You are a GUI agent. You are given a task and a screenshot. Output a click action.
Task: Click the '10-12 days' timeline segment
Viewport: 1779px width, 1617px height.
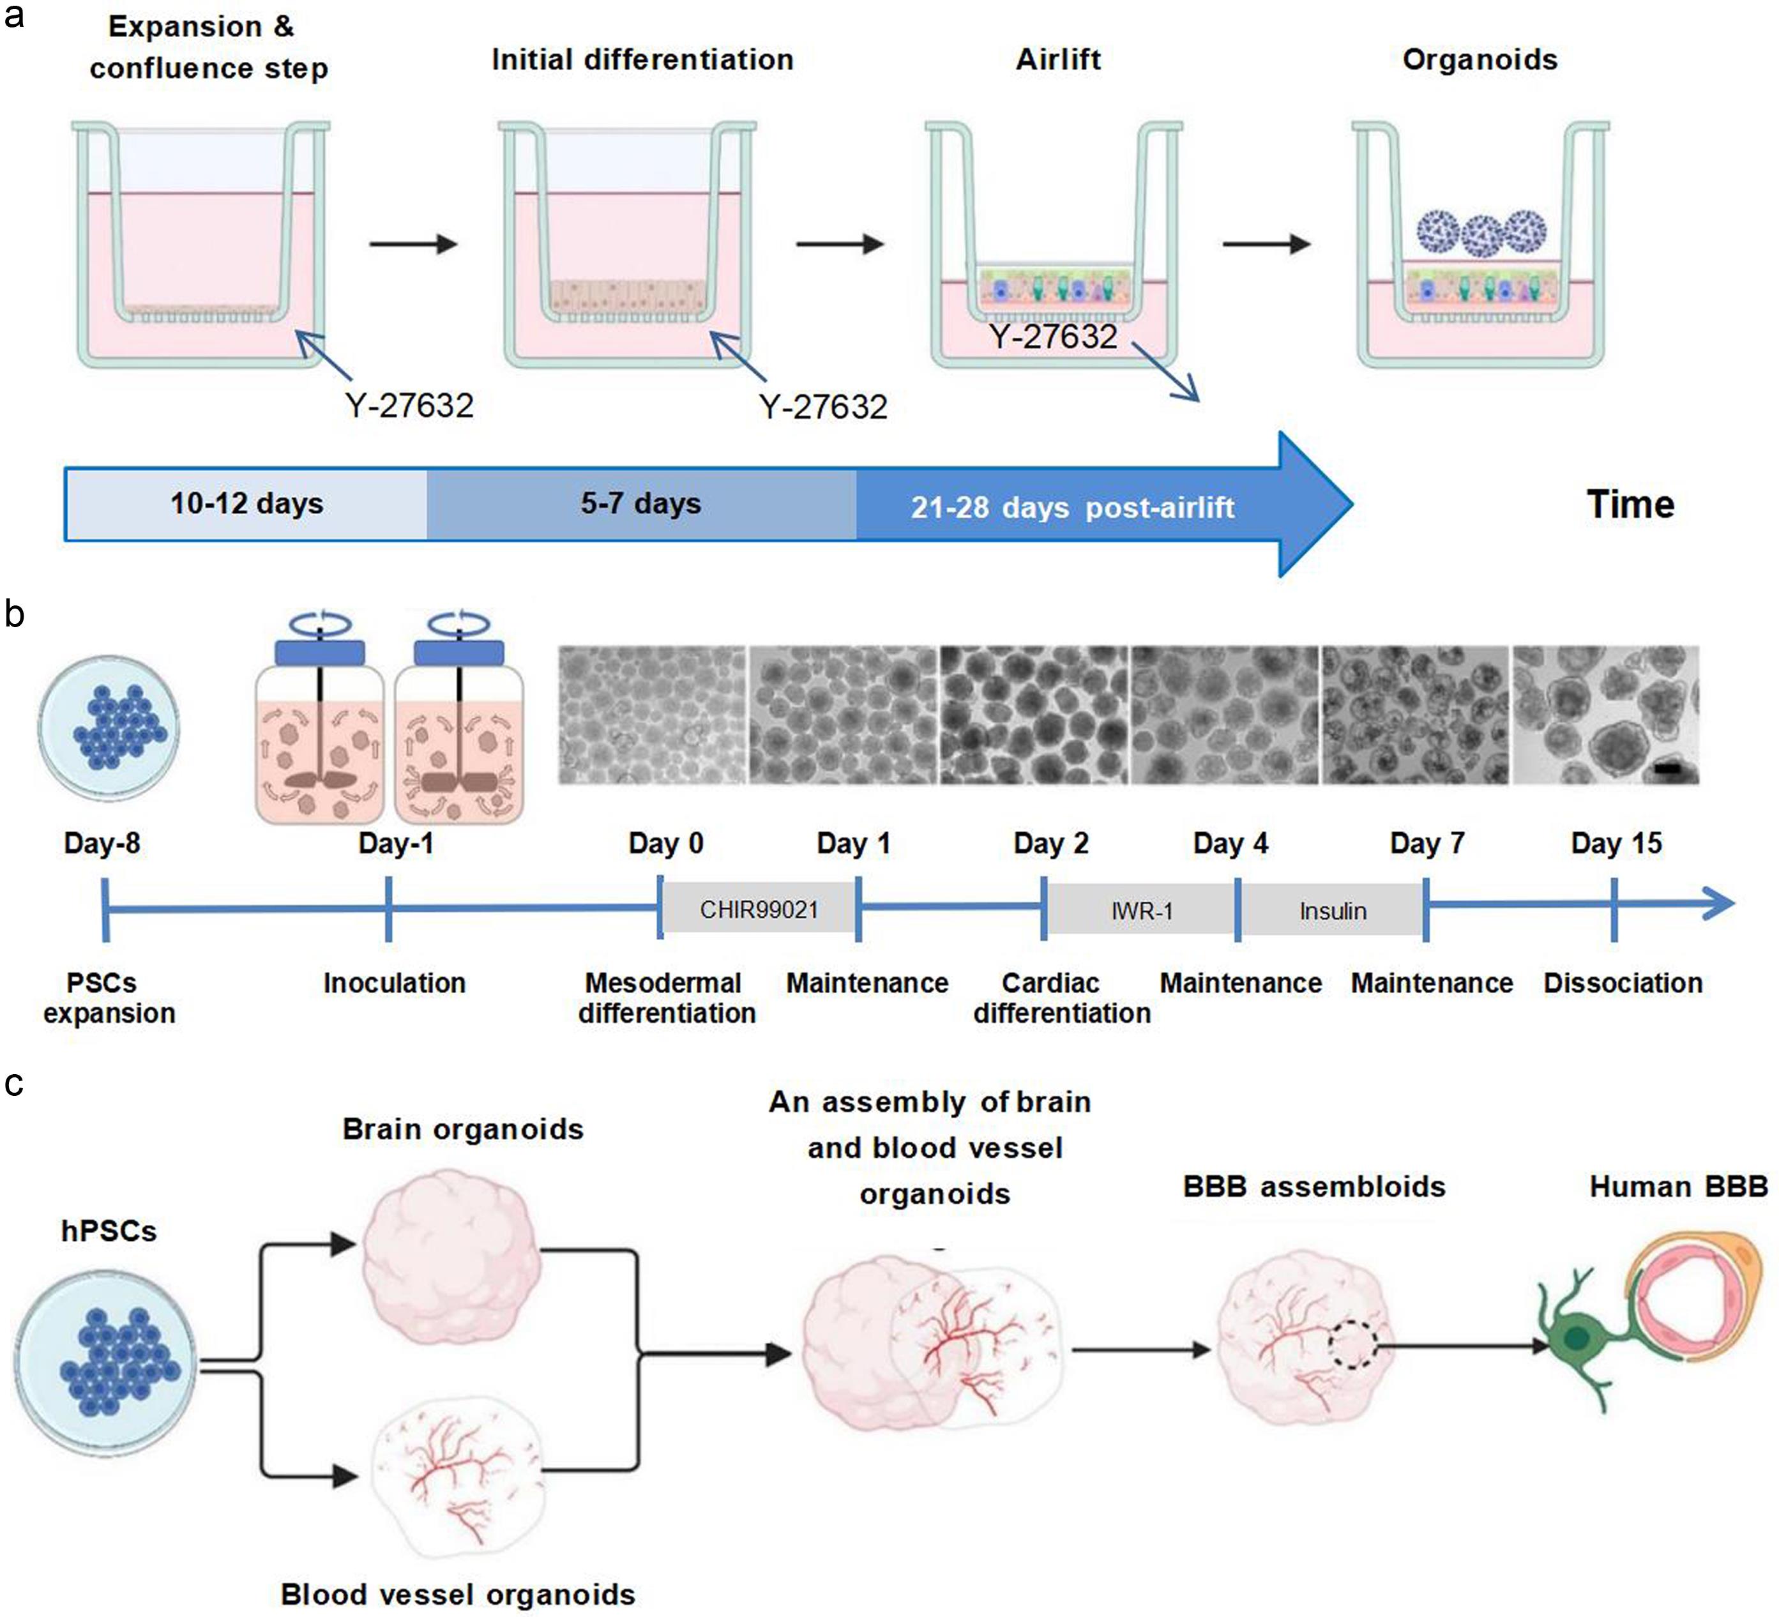tap(246, 504)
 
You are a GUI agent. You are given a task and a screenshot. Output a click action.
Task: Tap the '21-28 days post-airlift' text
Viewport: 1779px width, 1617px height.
tap(1072, 508)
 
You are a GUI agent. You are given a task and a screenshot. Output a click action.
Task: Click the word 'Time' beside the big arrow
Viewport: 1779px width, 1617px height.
tap(1630, 504)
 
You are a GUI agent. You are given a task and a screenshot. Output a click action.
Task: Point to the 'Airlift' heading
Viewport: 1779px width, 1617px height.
tap(1057, 59)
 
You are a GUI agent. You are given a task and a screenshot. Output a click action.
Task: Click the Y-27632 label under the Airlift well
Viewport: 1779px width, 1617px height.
tap(1053, 337)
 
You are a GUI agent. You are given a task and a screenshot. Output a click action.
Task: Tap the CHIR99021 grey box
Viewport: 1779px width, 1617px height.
tap(759, 909)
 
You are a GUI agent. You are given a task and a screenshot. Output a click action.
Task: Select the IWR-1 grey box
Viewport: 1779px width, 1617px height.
tap(1142, 911)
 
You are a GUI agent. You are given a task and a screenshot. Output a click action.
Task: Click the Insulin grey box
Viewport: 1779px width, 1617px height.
tap(1333, 911)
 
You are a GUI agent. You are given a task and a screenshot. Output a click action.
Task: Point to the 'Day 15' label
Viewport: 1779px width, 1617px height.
tap(1616, 843)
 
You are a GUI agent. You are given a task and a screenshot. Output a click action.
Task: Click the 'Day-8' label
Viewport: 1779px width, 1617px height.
tap(102, 843)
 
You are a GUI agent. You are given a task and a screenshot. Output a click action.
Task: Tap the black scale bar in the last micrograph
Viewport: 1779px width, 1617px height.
tap(1667, 770)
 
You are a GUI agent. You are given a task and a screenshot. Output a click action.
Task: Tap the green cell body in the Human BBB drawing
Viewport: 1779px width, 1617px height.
tap(1576, 1338)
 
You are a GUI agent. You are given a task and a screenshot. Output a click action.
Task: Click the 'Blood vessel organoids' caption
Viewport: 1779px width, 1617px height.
tap(457, 1594)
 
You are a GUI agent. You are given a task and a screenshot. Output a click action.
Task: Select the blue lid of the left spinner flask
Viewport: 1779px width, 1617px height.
tap(319, 652)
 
